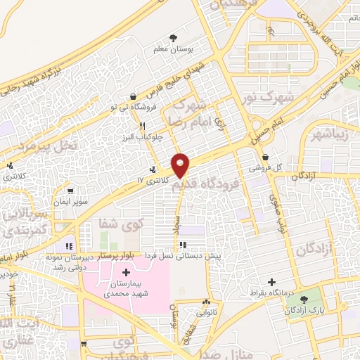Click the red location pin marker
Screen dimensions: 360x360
(181, 166)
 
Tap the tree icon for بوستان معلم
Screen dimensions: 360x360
(174, 39)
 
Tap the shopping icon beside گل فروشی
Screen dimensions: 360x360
(265, 157)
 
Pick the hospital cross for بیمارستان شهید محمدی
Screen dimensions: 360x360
(127, 271)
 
